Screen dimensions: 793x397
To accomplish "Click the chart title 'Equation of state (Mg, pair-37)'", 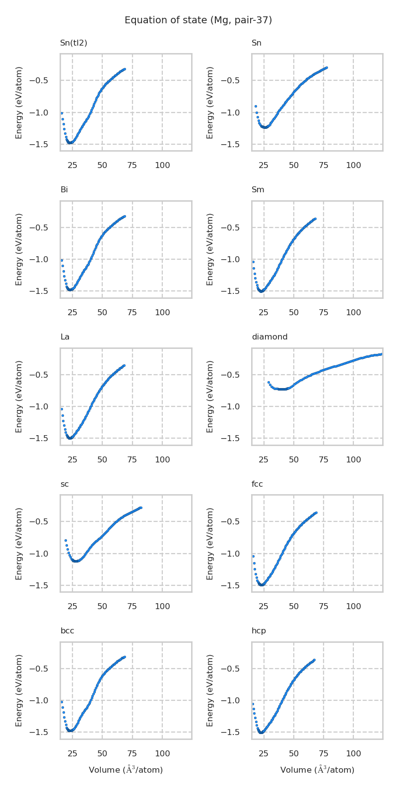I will [198, 20].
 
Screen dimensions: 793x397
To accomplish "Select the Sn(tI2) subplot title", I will [73, 43].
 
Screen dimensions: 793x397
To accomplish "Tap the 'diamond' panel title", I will [269, 337].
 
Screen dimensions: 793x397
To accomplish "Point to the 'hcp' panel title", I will [259, 631].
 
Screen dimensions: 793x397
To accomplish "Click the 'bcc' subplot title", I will [67, 631].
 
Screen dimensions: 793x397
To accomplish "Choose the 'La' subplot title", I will [65, 337].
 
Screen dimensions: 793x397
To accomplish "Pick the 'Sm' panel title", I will [258, 190].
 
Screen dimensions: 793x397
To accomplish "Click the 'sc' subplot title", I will [65, 484].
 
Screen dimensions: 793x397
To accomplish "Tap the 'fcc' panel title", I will [257, 484].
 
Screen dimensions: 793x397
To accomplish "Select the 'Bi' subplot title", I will [64, 190].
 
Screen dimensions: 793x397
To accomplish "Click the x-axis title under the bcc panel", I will [126, 770].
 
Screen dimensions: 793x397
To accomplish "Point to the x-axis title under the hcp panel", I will [317, 770].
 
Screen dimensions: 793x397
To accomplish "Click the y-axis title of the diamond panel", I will [210, 396].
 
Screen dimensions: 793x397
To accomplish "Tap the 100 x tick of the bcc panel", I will [162, 754].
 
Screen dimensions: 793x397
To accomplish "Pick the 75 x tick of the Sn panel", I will [324, 166].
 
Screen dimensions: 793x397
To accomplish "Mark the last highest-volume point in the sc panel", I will [141, 508].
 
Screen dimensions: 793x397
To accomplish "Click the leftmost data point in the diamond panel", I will [268, 382].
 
